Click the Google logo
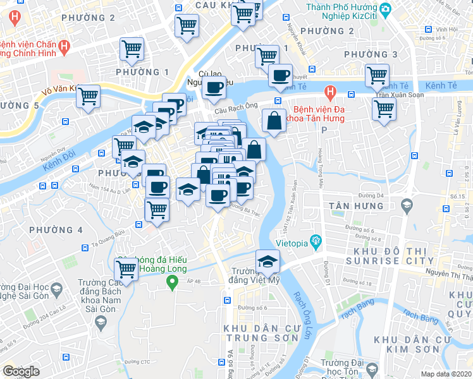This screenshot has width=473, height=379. tap(21, 371)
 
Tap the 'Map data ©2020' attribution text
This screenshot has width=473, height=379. tap(446, 374)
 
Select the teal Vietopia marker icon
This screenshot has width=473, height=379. tap(316, 241)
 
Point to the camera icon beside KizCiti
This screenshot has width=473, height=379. tap(386, 9)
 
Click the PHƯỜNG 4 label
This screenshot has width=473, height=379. tap(56, 229)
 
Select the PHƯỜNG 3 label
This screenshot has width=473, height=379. tap(371, 55)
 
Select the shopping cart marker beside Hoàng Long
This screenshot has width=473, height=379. tap(127, 268)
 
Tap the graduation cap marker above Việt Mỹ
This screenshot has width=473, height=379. tap(267, 260)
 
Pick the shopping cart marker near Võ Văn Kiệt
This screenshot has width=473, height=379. tap(88, 96)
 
